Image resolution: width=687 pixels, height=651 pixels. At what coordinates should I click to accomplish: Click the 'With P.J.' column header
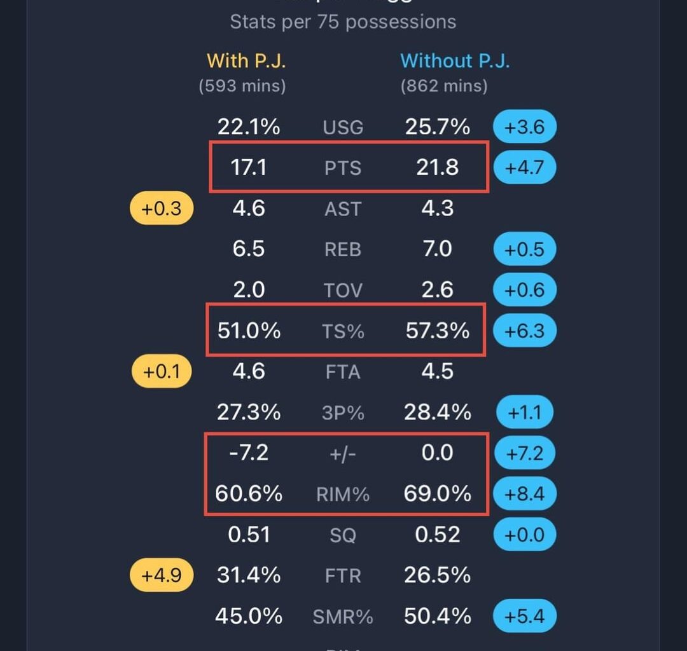(x=246, y=61)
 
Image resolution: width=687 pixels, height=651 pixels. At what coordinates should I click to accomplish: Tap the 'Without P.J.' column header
(x=455, y=61)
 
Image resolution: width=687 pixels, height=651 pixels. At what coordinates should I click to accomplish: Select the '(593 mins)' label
(x=242, y=86)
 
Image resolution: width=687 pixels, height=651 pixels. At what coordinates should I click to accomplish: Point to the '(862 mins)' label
(x=444, y=86)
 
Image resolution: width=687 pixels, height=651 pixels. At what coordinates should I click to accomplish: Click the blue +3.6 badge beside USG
(x=524, y=127)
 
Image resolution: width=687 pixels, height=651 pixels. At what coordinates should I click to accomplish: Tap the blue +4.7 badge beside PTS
(x=524, y=168)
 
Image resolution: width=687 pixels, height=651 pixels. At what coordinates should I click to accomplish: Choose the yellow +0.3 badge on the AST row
(x=162, y=209)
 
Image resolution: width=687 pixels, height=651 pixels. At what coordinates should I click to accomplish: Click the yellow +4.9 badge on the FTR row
(x=162, y=575)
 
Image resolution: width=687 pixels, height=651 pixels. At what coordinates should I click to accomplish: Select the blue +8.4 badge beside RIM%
(x=524, y=494)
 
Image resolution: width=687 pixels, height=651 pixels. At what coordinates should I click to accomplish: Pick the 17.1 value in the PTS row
(x=249, y=168)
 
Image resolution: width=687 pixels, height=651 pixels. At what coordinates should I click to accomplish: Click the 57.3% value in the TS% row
(x=438, y=331)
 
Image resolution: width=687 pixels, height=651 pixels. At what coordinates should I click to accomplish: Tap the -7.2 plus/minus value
(x=249, y=453)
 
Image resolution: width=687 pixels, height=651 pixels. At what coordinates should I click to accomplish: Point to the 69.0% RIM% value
(x=438, y=494)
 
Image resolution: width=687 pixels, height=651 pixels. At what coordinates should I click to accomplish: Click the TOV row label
(x=343, y=291)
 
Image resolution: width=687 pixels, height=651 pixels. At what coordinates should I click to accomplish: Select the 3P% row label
(x=343, y=413)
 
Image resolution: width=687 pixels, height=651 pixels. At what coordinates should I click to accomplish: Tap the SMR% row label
(x=343, y=617)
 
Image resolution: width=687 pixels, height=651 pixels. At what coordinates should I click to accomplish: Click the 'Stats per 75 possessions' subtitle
(x=343, y=22)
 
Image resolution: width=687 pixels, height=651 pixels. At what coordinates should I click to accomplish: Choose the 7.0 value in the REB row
(x=438, y=249)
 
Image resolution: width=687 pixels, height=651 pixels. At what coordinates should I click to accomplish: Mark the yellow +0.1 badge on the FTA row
(x=162, y=372)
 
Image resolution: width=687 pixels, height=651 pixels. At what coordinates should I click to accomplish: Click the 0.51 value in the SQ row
(x=249, y=535)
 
